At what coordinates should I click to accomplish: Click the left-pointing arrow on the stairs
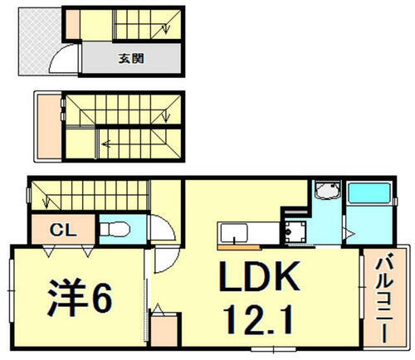coord(106,142)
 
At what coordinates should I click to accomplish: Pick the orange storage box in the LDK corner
coord(164,328)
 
